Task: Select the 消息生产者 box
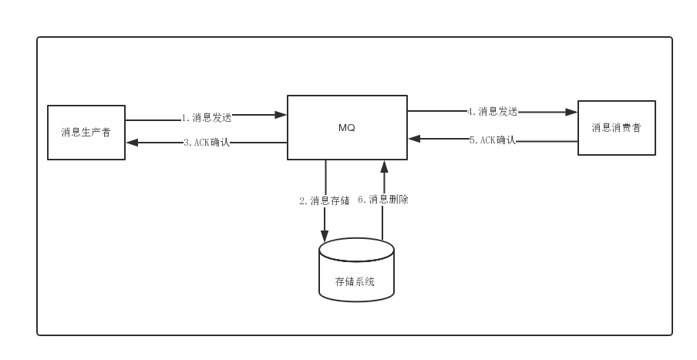(x=86, y=133)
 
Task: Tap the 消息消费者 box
(x=617, y=128)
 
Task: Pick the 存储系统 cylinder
(x=356, y=270)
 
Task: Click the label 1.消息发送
(x=207, y=118)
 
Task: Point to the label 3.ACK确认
(x=207, y=143)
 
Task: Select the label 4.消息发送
(x=492, y=111)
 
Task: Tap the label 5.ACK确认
(x=492, y=140)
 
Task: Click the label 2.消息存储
(x=324, y=200)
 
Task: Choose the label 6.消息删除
(x=383, y=199)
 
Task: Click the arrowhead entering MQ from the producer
(x=281, y=115)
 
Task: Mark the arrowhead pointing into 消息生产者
(x=132, y=143)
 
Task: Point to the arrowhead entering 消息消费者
(x=572, y=112)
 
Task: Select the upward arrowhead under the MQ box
(x=383, y=166)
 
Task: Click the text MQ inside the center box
(x=347, y=128)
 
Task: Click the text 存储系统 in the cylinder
(x=355, y=282)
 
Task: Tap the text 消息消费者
(x=616, y=128)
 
